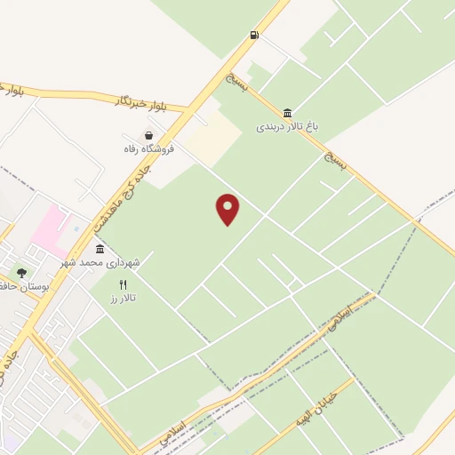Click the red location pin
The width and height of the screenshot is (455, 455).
(228, 208)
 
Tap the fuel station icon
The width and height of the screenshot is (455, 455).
(255, 36)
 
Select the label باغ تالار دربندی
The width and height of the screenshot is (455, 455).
(286, 127)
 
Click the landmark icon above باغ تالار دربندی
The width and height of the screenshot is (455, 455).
(287, 113)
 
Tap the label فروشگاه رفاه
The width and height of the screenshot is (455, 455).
(148, 148)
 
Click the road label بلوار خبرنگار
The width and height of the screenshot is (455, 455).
(142, 103)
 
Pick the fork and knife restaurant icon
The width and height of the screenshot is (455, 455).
(124, 284)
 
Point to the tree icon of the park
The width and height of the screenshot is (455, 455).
(21, 273)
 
